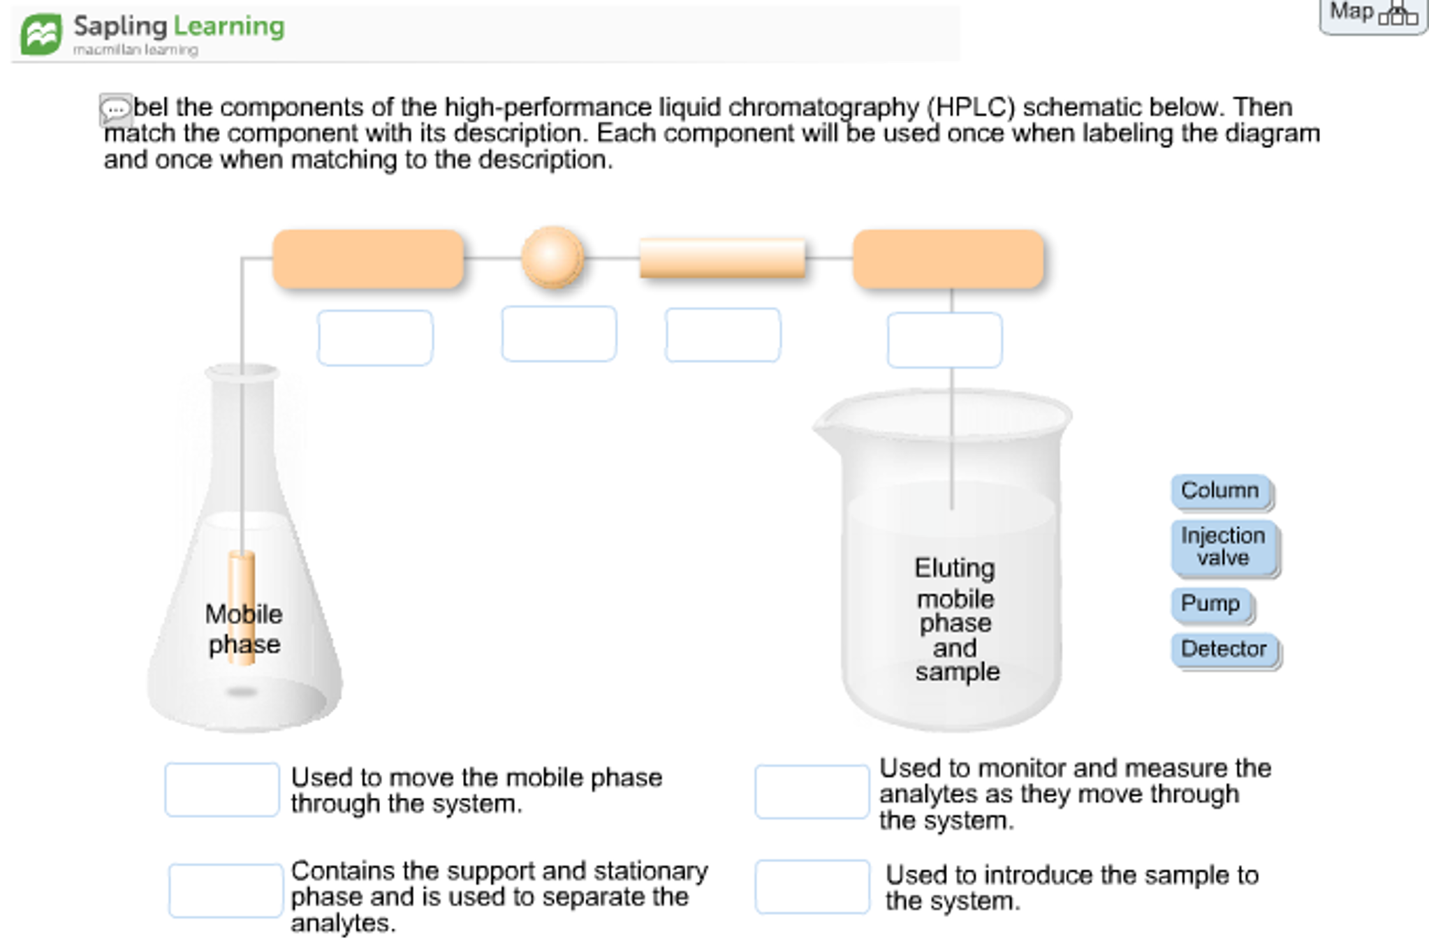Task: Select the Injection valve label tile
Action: (x=1224, y=547)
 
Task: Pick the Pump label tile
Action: (x=1210, y=604)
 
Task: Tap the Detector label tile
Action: (x=1224, y=649)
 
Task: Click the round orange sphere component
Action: (x=552, y=257)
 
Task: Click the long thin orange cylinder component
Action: (x=721, y=258)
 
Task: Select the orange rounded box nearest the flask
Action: (x=368, y=258)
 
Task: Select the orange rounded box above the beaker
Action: (x=948, y=258)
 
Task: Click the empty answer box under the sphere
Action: (x=559, y=334)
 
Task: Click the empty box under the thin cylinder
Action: (x=722, y=335)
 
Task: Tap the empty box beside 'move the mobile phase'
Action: (x=222, y=789)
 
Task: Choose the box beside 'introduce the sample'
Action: (x=812, y=886)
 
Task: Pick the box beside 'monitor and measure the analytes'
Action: (x=812, y=792)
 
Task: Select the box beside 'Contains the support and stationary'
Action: (x=226, y=891)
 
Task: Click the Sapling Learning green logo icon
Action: (x=41, y=34)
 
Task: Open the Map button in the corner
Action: (x=1372, y=14)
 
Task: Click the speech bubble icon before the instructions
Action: (x=115, y=110)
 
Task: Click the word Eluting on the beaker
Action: (x=954, y=568)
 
